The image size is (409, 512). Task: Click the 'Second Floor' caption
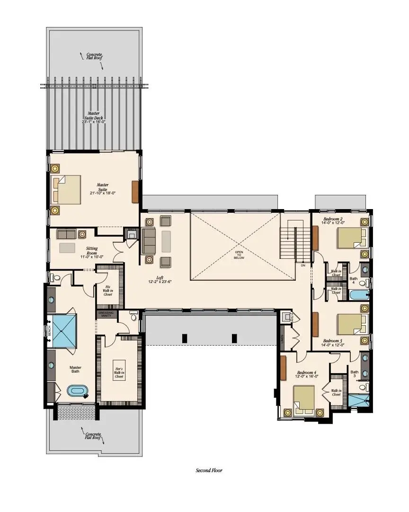209,470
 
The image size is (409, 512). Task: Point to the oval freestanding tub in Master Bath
77,392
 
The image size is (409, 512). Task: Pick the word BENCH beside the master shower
49,331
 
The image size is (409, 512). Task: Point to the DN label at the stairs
303,265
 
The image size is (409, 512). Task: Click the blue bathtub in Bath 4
359,296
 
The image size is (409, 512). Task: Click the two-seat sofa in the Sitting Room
67,234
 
